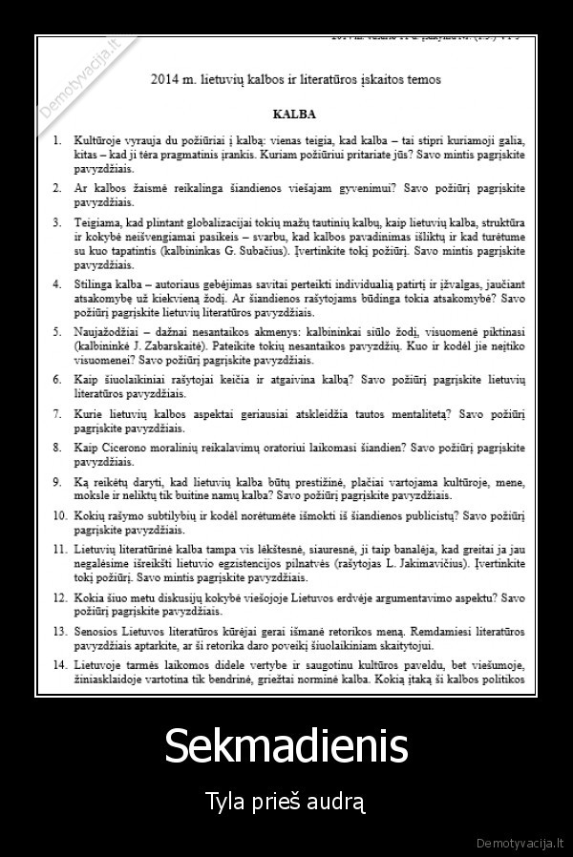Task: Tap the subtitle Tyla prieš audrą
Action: [x=286, y=798]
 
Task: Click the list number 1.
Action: [x=58, y=139]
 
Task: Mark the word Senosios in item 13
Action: [x=98, y=632]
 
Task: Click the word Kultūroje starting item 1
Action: [x=101, y=139]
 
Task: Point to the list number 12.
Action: [x=58, y=597]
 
